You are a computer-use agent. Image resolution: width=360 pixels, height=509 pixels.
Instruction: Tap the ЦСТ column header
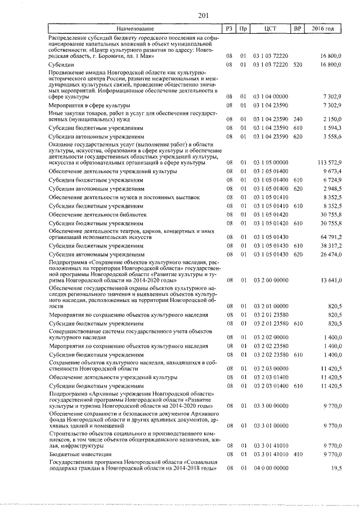(271, 28)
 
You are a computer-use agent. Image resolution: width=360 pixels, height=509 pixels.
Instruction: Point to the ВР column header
(298, 28)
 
